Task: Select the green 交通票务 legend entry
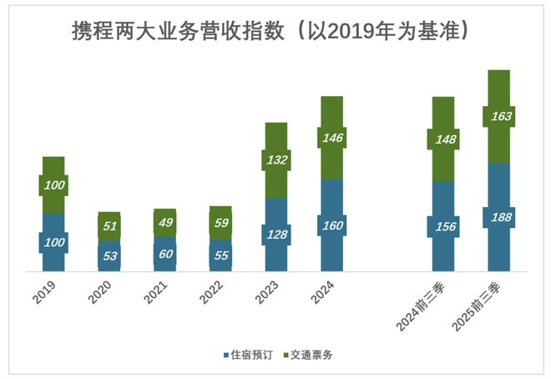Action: click(310, 355)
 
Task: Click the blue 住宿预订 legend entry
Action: click(251, 355)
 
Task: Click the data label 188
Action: click(498, 217)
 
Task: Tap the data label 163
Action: click(498, 116)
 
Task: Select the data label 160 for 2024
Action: click(331, 225)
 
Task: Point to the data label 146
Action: click(331, 138)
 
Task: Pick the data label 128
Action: click(276, 235)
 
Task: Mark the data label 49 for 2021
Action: click(164, 223)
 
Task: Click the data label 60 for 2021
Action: click(164, 254)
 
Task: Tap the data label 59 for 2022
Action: click(220, 224)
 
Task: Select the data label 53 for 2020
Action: click(109, 255)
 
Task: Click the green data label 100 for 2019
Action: click(53, 185)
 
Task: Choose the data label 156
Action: click(442, 226)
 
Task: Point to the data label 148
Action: click(442, 139)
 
